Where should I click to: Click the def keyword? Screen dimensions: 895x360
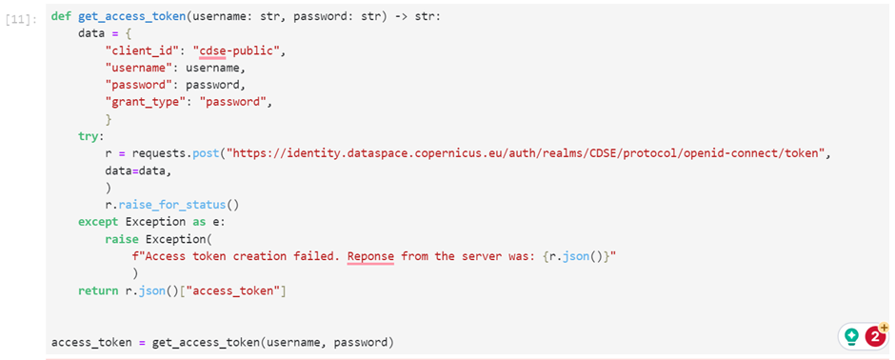coord(61,16)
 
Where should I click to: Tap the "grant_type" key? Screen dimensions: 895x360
coord(151,103)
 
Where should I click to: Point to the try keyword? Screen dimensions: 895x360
coord(89,137)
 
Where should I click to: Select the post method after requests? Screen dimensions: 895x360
coord(206,154)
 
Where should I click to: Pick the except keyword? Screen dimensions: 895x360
coord(98,221)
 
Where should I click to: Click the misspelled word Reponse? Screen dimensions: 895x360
coord(371,256)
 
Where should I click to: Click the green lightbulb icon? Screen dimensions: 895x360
coord(851,336)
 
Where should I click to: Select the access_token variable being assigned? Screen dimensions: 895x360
coord(91,343)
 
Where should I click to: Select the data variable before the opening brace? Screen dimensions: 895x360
coord(91,33)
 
